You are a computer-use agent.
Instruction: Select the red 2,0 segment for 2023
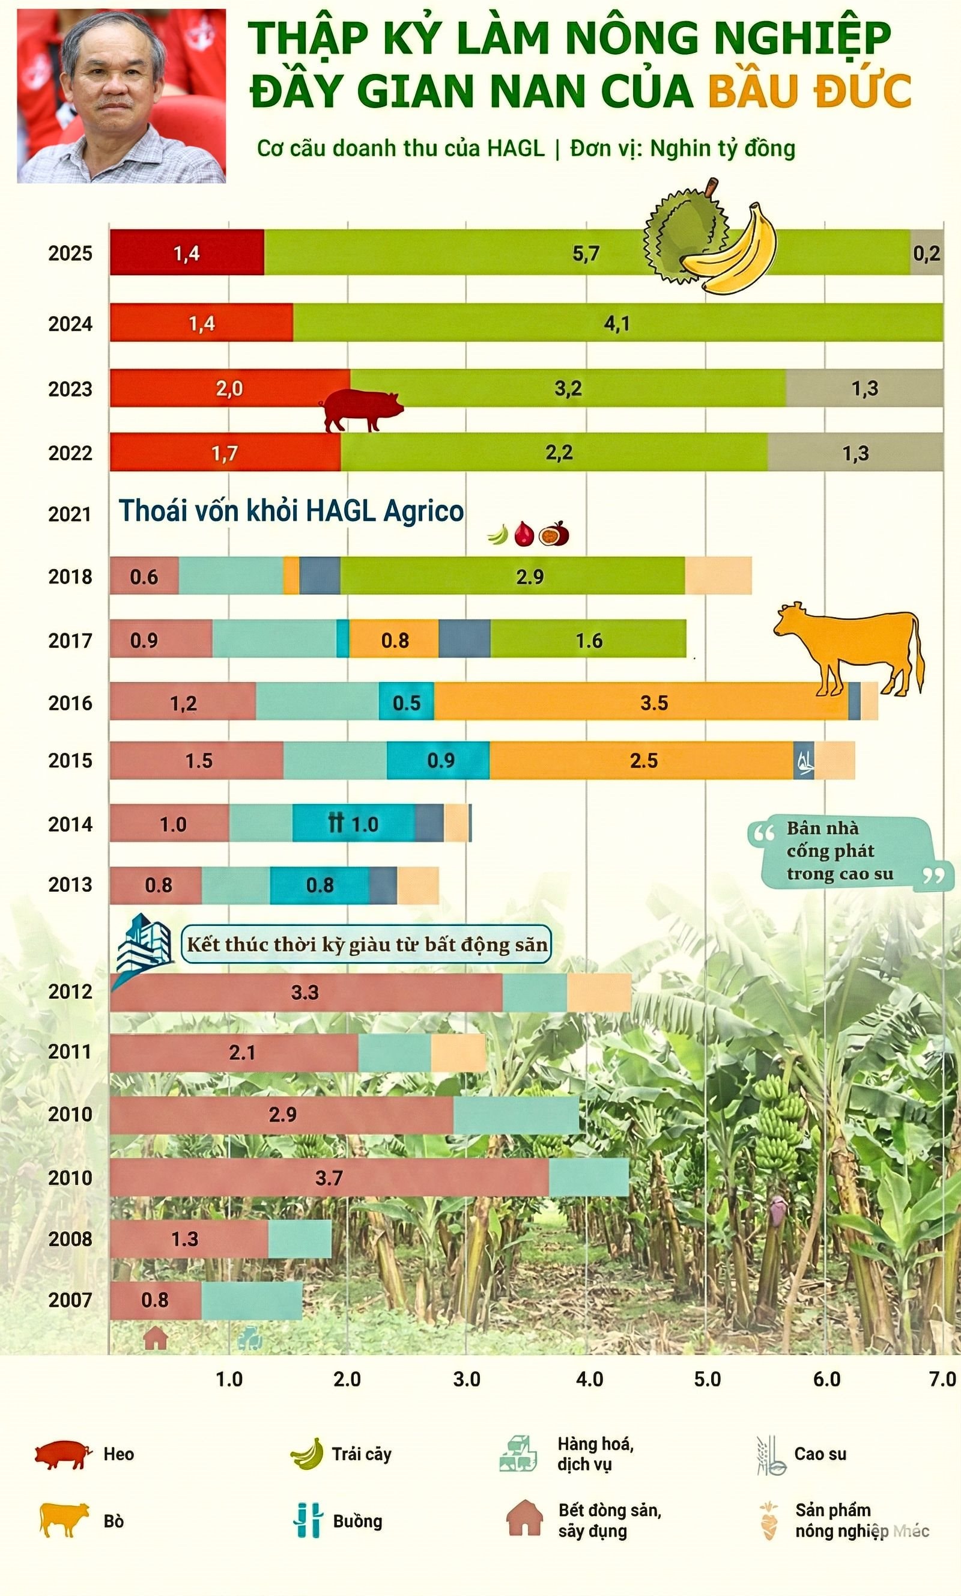click(230, 389)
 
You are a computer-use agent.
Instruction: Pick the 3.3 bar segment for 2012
click(306, 992)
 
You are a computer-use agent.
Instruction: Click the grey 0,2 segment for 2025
click(927, 252)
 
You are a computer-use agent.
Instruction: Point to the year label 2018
click(70, 576)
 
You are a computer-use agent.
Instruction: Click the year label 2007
click(70, 1300)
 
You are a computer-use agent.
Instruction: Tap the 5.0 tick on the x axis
click(707, 1380)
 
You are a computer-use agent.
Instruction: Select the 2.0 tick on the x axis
click(347, 1380)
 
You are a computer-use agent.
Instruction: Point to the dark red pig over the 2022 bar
click(362, 409)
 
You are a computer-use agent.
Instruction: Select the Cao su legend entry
click(819, 1455)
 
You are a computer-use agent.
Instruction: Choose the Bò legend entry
click(114, 1521)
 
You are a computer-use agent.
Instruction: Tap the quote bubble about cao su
click(842, 851)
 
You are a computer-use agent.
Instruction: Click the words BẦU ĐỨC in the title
click(810, 91)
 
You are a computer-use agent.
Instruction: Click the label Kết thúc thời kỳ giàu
click(366, 945)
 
